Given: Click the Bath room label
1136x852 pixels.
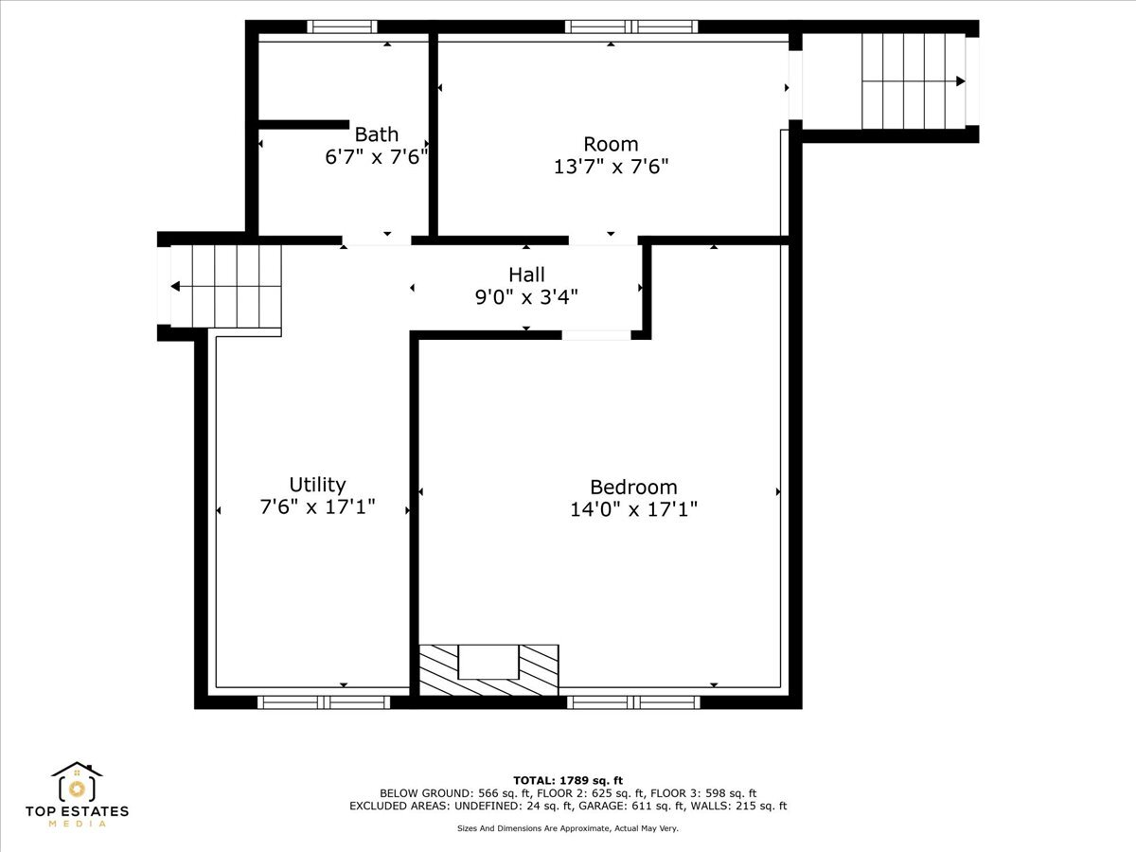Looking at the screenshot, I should point(376,134).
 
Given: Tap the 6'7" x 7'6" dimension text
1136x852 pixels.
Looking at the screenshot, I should point(376,157).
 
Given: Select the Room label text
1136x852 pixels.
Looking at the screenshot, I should point(611,144).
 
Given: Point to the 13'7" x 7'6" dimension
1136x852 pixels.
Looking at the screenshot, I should point(611,167).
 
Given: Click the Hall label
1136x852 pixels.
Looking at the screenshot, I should point(526,275).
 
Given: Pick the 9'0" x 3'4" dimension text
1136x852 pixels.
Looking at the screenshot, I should point(526,296).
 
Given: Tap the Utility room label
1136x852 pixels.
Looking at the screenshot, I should point(317,485).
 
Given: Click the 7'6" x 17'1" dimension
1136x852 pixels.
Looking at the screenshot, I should point(317,506).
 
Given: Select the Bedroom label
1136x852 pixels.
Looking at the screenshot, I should point(633,487).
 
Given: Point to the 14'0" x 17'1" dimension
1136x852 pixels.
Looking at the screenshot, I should point(633,509).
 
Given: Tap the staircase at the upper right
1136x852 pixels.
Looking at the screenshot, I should point(913,80).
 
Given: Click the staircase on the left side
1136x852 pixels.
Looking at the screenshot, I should point(226,286).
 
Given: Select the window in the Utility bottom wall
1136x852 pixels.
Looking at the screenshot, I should point(324,701).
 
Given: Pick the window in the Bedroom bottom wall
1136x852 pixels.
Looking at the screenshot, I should point(633,701).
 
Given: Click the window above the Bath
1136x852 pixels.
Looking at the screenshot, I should point(342,27).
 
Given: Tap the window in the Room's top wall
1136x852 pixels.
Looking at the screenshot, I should point(631,27).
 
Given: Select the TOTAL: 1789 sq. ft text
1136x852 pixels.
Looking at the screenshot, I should point(568,780).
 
